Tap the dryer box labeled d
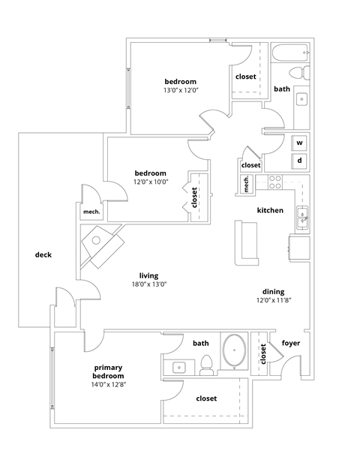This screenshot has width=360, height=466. (299, 161)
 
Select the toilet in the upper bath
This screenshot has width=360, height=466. (298, 73)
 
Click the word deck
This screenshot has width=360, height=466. (43, 255)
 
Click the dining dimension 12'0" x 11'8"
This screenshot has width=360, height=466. (272, 300)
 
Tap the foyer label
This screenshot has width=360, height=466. (291, 344)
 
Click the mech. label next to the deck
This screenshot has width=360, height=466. (91, 212)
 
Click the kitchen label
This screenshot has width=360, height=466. (270, 210)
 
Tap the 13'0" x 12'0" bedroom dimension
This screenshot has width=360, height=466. (180, 90)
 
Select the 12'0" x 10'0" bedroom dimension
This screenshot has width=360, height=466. (150, 182)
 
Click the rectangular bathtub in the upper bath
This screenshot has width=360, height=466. (289, 52)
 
